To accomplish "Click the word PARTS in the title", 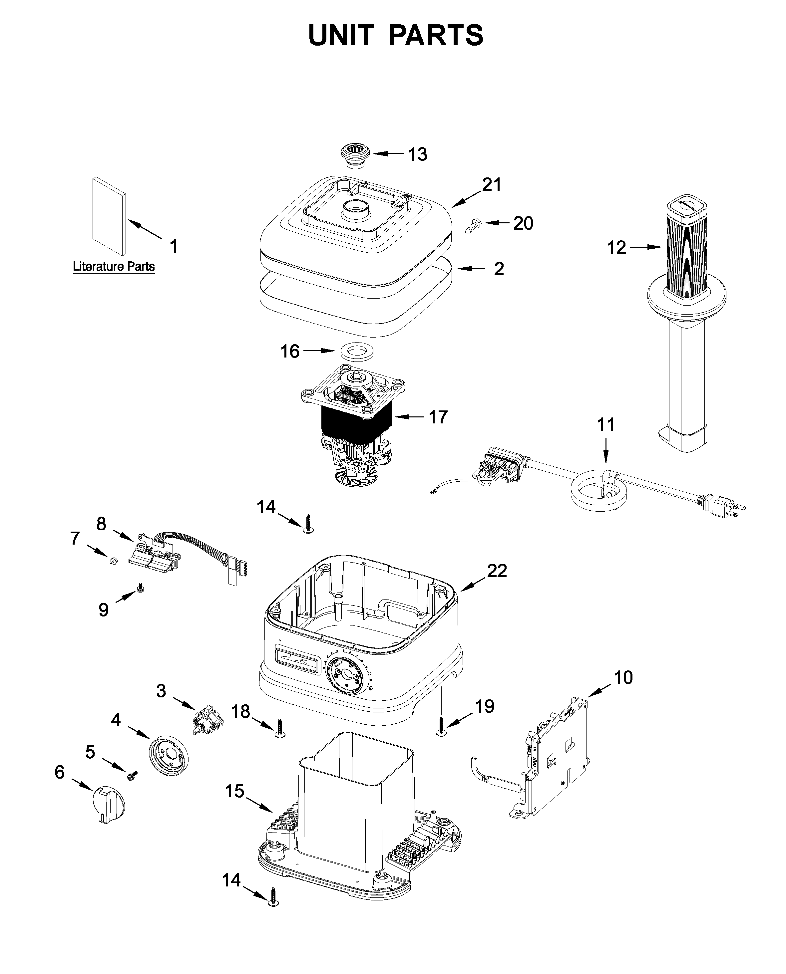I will (x=436, y=35).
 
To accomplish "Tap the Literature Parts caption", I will (x=114, y=267).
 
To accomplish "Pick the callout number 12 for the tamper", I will (x=616, y=248).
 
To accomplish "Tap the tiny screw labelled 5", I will (x=132, y=776).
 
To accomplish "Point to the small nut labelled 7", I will (x=114, y=561).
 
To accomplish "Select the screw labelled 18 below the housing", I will (x=280, y=728).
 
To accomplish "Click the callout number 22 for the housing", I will (x=497, y=571).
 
